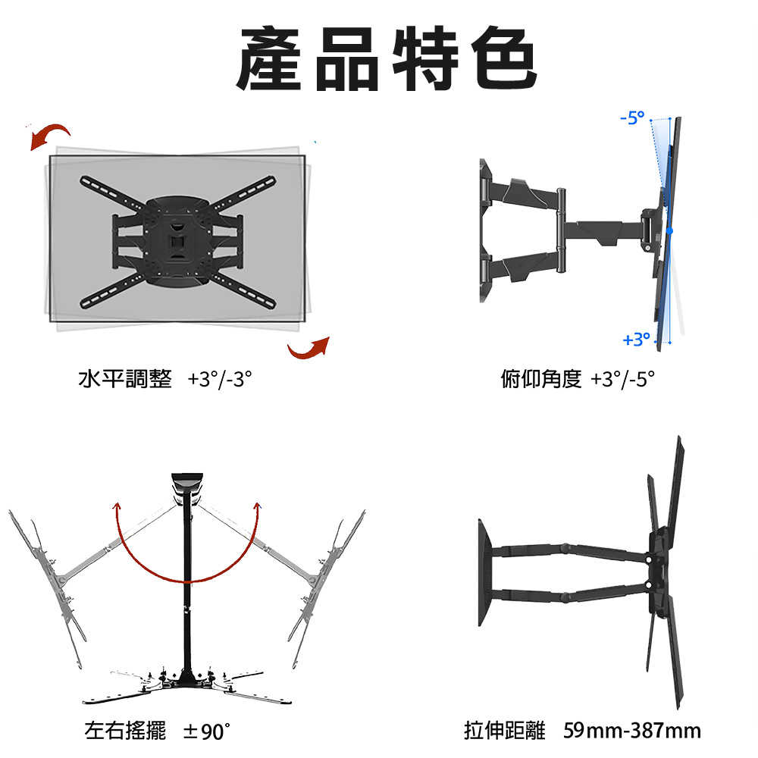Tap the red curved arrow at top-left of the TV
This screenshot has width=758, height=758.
pyautogui.click(x=50, y=137)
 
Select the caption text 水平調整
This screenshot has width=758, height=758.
pyautogui.click(x=125, y=378)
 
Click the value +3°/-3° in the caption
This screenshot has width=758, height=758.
pyautogui.click(x=220, y=378)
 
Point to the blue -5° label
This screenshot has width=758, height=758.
pyautogui.click(x=632, y=117)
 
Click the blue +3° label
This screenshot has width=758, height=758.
pyautogui.click(x=636, y=340)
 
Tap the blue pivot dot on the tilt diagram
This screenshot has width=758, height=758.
pyautogui.click(x=670, y=229)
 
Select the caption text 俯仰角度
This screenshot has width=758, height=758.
pyautogui.click(x=541, y=378)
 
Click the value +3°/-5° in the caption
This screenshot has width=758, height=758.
pyautogui.click(x=622, y=378)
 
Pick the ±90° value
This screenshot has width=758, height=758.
pyautogui.click(x=206, y=731)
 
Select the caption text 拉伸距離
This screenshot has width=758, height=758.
pyautogui.click(x=504, y=731)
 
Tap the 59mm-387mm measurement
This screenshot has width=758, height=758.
pyautogui.click(x=632, y=731)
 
